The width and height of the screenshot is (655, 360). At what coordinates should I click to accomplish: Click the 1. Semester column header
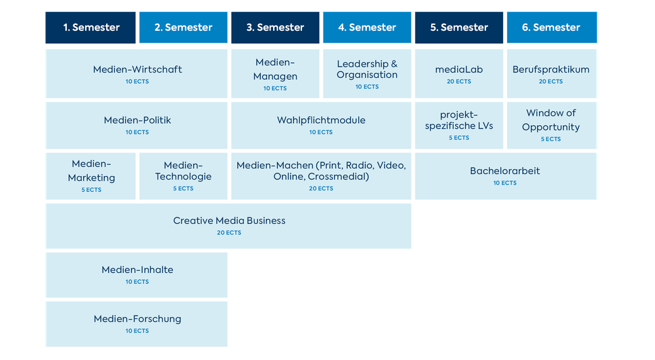point(91,27)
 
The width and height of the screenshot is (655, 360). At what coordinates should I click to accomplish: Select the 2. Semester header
point(183,27)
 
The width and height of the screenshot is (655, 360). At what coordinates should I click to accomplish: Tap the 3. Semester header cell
point(275,27)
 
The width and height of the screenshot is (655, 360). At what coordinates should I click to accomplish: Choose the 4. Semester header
point(367,27)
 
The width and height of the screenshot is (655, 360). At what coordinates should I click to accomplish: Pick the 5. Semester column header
point(459,27)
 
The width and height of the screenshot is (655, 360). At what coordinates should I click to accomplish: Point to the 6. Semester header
point(552,27)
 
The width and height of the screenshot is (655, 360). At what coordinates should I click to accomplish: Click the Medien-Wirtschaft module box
point(137,73)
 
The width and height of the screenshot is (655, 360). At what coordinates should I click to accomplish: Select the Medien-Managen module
point(276,73)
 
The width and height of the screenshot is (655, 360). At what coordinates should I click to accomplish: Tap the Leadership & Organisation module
point(367,73)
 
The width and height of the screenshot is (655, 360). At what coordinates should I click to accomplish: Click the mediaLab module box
point(459,73)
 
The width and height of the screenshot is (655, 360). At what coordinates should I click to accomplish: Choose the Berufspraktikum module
point(552,73)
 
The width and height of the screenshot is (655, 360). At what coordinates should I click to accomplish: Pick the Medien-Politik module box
point(137,124)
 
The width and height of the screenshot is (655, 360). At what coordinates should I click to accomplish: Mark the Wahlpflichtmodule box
point(321,124)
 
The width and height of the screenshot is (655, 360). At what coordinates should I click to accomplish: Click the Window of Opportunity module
point(552,124)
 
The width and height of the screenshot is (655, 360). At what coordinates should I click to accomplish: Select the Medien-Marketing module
point(91,175)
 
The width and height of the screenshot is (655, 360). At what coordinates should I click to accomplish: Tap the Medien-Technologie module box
point(183,175)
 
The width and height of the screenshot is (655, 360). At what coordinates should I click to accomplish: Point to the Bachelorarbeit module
point(505,175)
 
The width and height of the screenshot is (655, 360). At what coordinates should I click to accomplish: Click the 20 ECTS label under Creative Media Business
point(229,233)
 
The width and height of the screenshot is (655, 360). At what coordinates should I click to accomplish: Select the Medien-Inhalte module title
point(138,270)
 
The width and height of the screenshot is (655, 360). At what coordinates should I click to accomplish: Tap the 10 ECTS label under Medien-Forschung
point(138,331)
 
